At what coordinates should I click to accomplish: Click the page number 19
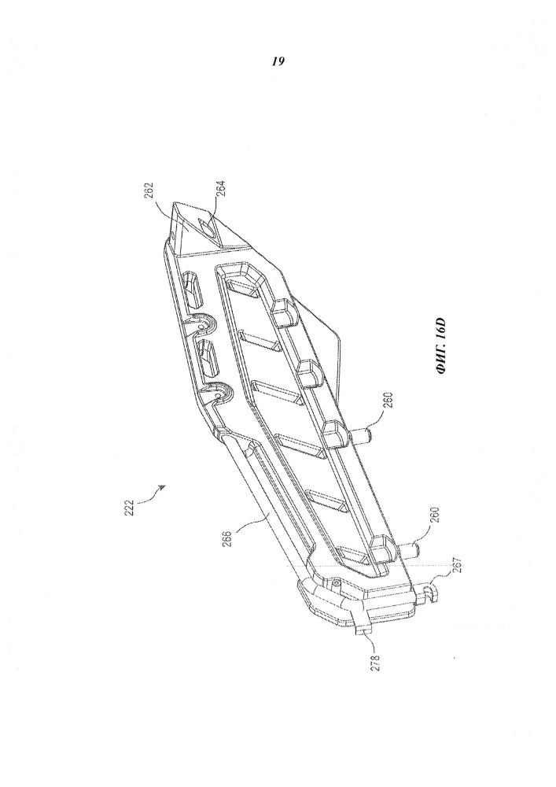(x=278, y=61)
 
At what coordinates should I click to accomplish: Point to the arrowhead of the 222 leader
(x=162, y=486)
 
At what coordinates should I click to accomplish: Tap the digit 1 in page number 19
(x=275, y=61)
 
